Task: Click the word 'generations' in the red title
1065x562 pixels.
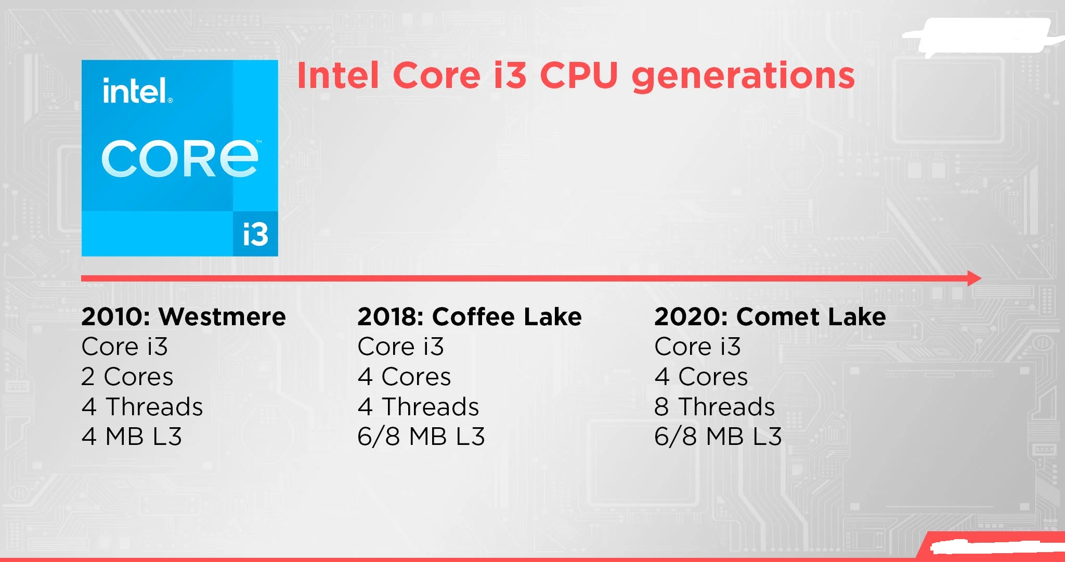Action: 743,76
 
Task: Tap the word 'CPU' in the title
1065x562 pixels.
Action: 579,75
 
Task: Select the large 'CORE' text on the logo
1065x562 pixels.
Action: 180,159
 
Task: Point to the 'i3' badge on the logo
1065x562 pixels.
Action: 255,234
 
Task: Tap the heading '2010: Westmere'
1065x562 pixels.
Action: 184,317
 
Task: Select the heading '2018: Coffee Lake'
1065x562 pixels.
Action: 469,317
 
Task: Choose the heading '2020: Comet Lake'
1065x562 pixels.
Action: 770,317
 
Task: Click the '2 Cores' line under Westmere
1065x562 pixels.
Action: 127,377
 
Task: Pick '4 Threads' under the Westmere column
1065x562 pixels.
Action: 142,407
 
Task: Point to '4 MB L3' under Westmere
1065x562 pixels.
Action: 132,437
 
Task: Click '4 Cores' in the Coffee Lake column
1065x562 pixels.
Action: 404,377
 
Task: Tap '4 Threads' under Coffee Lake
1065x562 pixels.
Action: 418,407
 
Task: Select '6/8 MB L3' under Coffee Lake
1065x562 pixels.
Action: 421,437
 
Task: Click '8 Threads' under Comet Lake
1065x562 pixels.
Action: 715,407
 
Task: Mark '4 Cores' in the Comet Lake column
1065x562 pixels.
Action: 701,377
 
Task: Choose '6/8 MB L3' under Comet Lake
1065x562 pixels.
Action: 718,437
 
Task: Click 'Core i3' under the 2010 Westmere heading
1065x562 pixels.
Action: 125,347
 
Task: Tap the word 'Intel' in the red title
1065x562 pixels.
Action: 338,76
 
